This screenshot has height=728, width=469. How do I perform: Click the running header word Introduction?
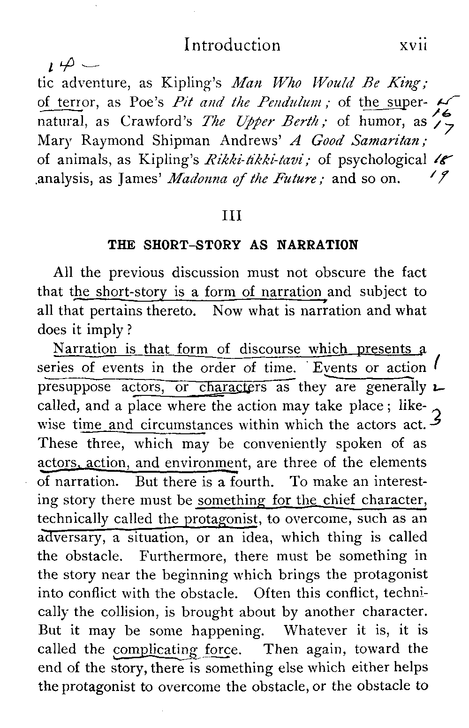pos(233,45)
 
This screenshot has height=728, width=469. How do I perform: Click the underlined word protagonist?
pos(221,519)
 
